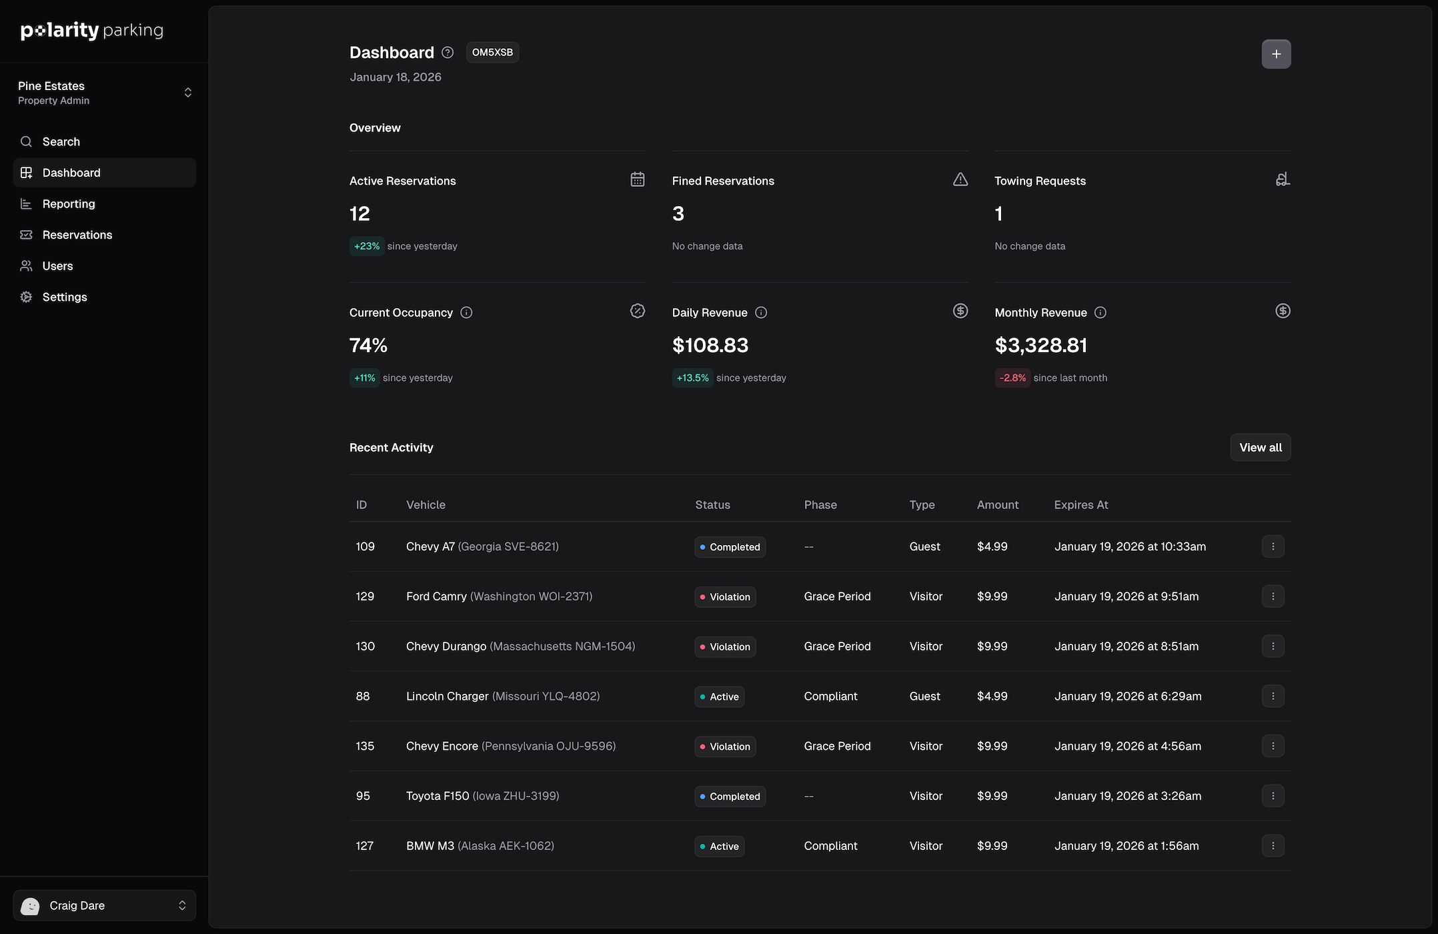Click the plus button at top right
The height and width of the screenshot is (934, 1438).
(1275, 54)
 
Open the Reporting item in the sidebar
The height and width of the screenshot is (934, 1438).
(68, 204)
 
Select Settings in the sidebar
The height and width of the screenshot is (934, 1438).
(64, 298)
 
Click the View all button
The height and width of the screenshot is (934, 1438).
(1259, 448)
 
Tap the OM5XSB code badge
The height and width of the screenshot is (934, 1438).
(492, 53)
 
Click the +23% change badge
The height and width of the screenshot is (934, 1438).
(366, 246)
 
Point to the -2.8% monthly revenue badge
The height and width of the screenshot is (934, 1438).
(1012, 378)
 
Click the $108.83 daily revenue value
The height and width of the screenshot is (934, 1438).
(710, 346)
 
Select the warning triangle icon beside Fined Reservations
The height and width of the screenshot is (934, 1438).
(960, 179)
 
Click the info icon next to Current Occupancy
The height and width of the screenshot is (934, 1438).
(466, 313)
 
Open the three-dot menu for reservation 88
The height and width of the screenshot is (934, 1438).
(1272, 696)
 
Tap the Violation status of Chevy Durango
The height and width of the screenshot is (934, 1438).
(724, 647)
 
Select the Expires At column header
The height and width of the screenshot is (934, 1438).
(1081, 505)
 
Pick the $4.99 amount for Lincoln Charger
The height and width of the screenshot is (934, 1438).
(991, 696)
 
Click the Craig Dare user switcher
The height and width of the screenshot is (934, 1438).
(104, 905)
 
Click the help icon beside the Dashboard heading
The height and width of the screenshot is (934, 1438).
(448, 53)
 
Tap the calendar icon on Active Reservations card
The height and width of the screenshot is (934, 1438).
(637, 179)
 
